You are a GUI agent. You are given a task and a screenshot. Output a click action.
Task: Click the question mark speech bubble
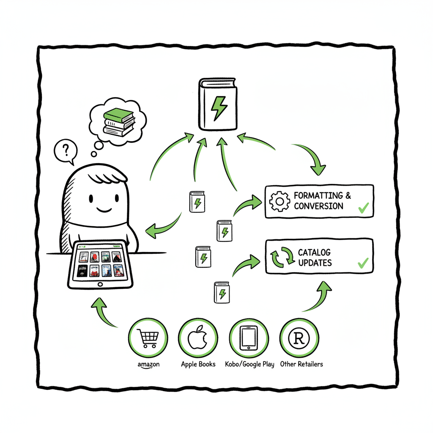pos(66,151)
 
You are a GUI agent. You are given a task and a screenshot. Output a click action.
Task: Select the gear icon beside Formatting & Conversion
pos(279,201)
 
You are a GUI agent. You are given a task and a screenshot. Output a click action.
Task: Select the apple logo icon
pos(198,338)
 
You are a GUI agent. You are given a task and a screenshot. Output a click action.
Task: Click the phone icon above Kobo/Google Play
pos(249,338)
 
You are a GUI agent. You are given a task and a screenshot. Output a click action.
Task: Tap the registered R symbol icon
pos(299,338)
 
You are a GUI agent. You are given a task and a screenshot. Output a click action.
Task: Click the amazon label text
pos(148,365)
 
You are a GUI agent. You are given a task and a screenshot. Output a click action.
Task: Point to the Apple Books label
pos(198,364)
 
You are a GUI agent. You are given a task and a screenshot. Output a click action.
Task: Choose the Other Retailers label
pos(301,364)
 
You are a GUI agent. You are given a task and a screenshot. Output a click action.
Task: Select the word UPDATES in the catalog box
pos(315,263)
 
